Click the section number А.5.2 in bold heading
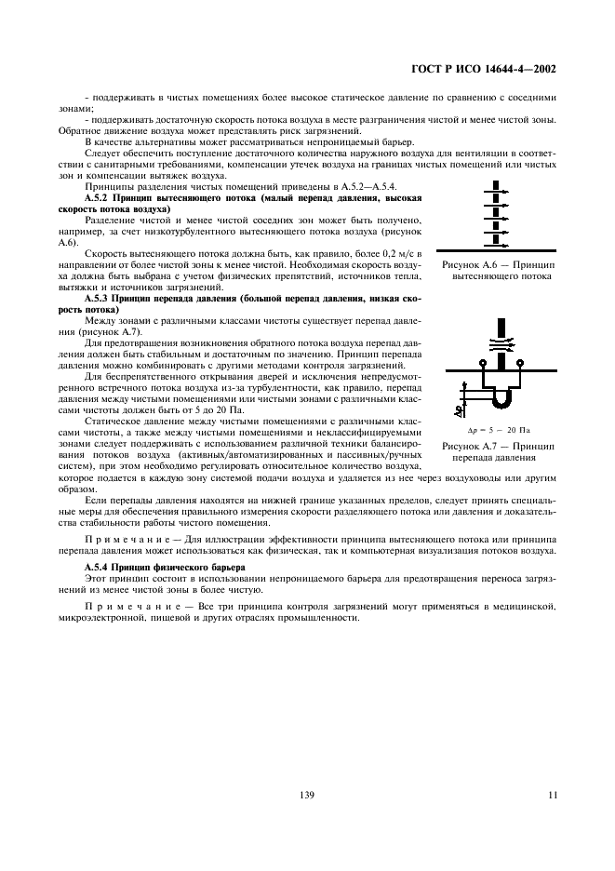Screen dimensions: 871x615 (x=98, y=198)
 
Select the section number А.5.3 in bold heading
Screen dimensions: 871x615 (x=98, y=298)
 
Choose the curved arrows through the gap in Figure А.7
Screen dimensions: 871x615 (x=502, y=345)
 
